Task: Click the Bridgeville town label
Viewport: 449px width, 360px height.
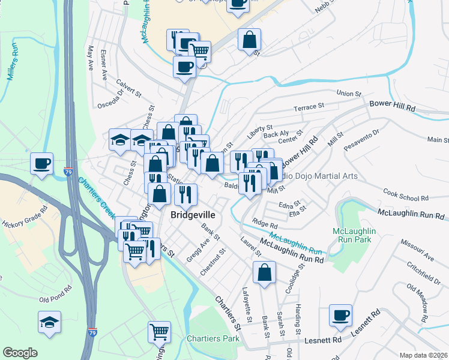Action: pos(193,214)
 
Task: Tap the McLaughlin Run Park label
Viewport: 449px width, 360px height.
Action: pos(354,235)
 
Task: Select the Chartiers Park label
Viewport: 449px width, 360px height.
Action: pos(212,338)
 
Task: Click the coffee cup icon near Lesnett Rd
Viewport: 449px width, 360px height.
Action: pos(340,316)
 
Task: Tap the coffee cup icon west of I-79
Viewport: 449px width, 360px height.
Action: pos(41,164)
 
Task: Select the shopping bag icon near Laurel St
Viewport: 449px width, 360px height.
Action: pos(264,273)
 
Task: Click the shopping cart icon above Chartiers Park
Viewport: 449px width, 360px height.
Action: pos(159,332)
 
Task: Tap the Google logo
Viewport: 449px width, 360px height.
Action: pos(20,353)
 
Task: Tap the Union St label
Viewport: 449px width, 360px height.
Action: pos(349,94)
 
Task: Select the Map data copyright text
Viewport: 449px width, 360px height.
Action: pos(423,355)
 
